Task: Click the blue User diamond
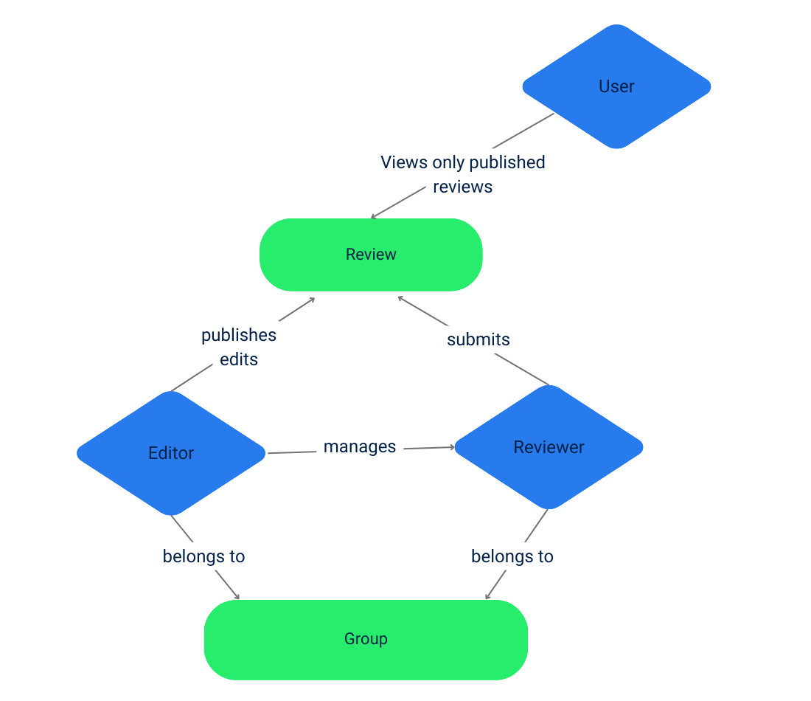click(x=616, y=86)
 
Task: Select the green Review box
click(x=371, y=255)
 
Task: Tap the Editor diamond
click(x=171, y=453)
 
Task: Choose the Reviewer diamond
click(x=549, y=447)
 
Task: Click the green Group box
click(x=366, y=639)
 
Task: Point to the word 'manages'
click(x=360, y=447)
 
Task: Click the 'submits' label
click(x=478, y=339)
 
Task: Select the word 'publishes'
click(x=239, y=335)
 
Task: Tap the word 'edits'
click(x=239, y=360)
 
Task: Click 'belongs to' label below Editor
click(x=203, y=556)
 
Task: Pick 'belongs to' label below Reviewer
click(x=512, y=556)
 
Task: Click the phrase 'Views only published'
click(x=463, y=162)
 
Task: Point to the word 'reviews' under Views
click(x=463, y=187)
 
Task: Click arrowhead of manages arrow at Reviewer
click(x=452, y=447)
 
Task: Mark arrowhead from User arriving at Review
click(x=373, y=217)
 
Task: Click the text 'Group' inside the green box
click(x=366, y=639)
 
